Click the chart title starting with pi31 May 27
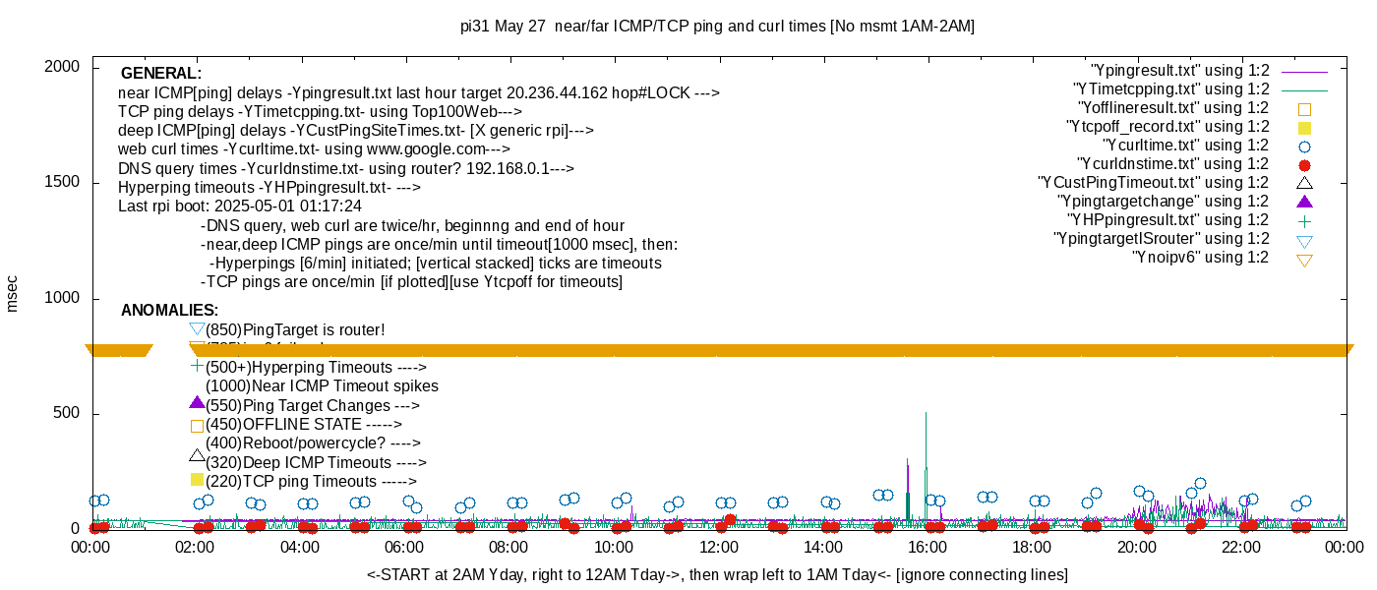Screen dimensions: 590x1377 pyautogui.click(x=717, y=27)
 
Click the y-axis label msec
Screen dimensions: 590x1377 pyautogui.click(x=13, y=293)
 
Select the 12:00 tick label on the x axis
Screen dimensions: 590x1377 pyautogui.click(x=718, y=548)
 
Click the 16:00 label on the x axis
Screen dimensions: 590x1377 pyautogui.click(x=927, y=548)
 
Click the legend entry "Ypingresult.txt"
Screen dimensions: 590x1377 pyautogui.click(x=1179, y=71)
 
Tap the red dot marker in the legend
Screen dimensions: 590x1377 pyautogui.click(x=1305, y=165)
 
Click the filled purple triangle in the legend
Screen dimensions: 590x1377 pyautogui.click(x=1305, y=202)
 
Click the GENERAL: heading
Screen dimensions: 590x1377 pyautogui.click(x=161, y=74)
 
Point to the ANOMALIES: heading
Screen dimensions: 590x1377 pyautogui.click(x=169, y=311)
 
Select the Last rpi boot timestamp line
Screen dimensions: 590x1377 pyautogui.click(x=240, y=206)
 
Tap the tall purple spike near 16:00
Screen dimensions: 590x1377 pyautogui.click(x=926, y=462)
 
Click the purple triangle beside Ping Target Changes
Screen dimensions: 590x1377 pyautogui.click(x=197, y=403)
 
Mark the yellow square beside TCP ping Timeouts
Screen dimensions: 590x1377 pyautogui.click(x=197, y=480)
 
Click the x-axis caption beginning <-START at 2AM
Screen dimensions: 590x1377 pyautogui.click(x=717, y=574)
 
